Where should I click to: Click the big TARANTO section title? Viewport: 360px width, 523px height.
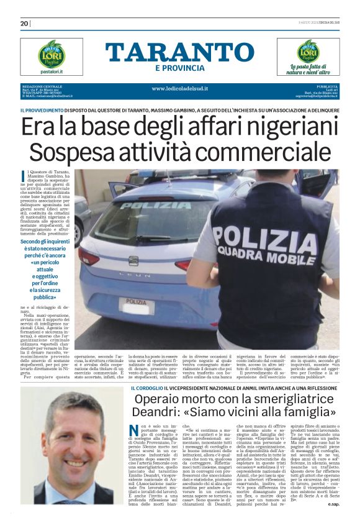(x=179, y=53)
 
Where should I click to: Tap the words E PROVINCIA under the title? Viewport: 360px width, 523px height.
(x=179, y=68)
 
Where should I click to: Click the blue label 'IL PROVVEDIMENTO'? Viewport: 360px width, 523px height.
(x=42, y=110)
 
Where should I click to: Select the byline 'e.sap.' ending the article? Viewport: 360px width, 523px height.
(x=333, y=504)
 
